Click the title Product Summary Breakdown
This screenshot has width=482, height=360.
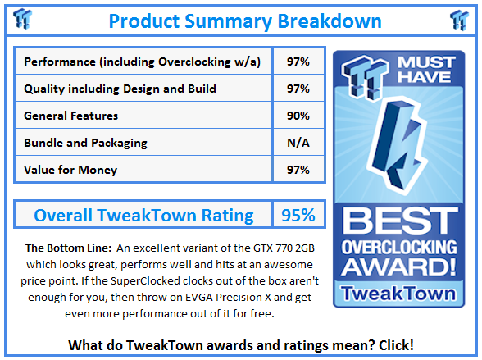coord(244,20)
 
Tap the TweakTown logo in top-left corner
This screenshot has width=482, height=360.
coord(24,20)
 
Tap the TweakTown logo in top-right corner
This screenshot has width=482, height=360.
coord(459,20)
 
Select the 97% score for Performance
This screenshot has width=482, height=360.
coord(298,62)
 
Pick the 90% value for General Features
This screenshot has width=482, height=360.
coord(298,116)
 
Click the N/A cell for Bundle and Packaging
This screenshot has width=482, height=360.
coord(298,143)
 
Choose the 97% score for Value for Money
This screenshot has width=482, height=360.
coord(298,170)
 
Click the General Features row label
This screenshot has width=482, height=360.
coord(71,116)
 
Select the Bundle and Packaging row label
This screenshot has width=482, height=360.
coord(86,143)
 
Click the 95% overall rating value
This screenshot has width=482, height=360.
coord(298,216)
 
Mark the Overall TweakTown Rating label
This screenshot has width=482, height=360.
coord(143,216)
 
